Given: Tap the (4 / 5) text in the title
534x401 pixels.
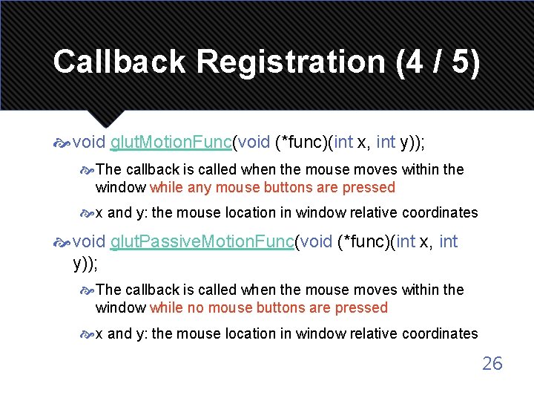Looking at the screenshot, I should (438, 62).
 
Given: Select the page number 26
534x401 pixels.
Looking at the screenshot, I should (492, 363).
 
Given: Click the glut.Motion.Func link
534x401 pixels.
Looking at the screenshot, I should (171, 142).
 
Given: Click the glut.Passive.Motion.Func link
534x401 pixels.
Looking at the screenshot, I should (202, 241).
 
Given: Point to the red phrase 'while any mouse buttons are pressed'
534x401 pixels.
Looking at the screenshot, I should (272, 187).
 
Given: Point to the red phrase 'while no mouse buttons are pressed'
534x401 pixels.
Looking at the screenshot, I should (268, 307).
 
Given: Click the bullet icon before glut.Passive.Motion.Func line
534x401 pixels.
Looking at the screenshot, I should (62, 242).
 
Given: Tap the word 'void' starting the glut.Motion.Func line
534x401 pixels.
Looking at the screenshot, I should (90, 142).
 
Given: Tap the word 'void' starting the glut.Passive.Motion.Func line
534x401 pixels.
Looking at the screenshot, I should (90, 241).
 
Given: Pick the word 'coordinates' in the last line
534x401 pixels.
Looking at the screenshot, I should (440, 333).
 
